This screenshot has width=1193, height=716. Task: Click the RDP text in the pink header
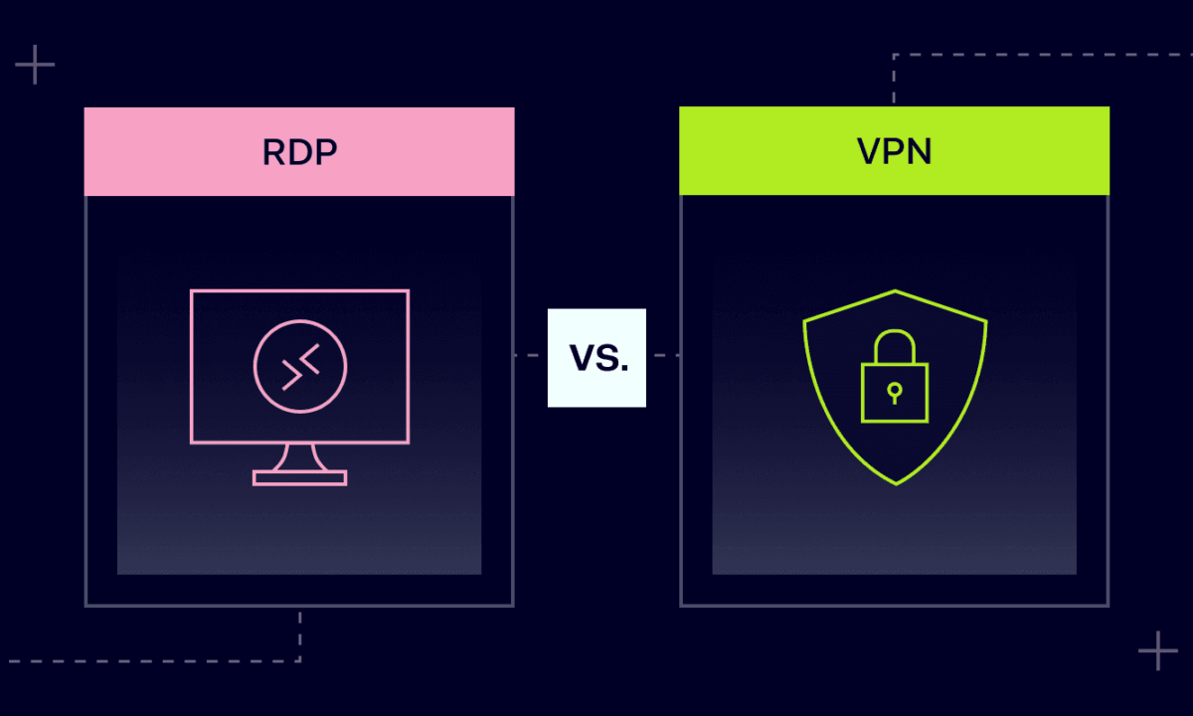298,152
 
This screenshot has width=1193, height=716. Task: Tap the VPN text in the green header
894,152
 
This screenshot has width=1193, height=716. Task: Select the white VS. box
596,358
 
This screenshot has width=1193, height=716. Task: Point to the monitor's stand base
299,478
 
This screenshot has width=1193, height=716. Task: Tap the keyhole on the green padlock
894,390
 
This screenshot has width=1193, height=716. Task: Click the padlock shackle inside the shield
894,346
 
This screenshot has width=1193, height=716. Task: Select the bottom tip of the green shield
896,483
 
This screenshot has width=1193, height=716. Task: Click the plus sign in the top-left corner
35,65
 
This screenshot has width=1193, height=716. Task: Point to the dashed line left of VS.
530,355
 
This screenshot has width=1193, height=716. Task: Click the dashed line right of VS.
663,355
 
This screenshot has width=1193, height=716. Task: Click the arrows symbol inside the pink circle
300,367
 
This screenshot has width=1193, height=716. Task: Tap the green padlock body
894,392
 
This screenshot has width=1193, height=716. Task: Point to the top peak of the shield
896,290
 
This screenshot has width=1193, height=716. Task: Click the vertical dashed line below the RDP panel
299,633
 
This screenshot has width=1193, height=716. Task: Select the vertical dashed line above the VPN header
894,80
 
